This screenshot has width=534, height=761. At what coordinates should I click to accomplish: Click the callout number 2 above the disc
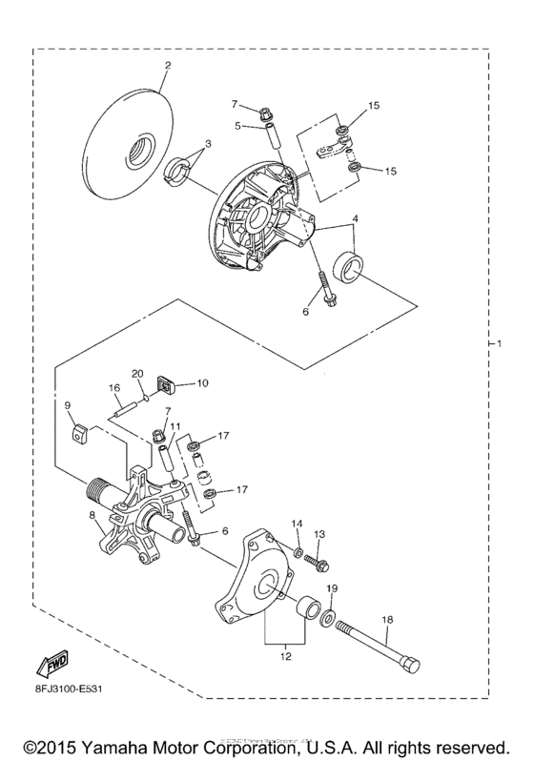point(167,66)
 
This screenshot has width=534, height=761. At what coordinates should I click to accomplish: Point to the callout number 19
point(333,588)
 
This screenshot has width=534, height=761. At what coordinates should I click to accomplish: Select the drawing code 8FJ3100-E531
point(72,683)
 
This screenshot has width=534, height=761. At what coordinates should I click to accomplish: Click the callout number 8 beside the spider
point(92,516)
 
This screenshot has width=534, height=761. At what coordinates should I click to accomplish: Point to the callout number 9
point(69,405)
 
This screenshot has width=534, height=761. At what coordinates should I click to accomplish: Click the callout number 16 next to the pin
point(113,388)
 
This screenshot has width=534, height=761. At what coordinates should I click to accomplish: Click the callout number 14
point(297,524)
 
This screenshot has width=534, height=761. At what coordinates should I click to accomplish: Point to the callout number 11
point(175,425)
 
